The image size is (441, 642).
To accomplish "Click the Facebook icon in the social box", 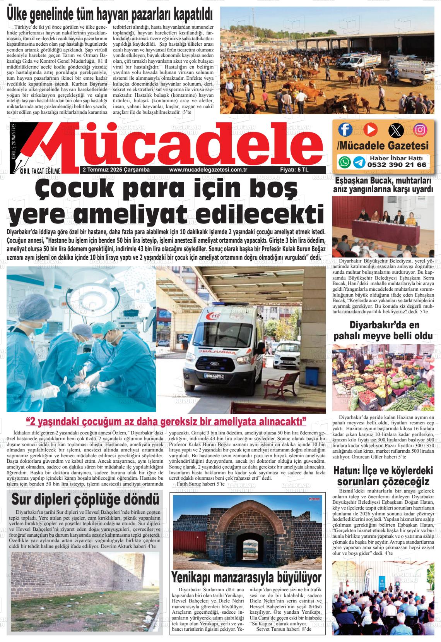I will [345, 129].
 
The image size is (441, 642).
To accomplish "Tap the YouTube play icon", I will [370, 129].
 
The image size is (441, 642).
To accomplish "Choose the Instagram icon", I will [420, 129].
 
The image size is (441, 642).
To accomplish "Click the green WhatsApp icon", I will [344, 162].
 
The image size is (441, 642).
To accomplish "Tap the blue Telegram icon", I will [359, 162].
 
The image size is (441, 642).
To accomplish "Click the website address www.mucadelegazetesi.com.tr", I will [208, 170].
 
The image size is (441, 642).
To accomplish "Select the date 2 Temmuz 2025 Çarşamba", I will [116, 170].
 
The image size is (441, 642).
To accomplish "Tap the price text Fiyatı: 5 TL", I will [294, 170].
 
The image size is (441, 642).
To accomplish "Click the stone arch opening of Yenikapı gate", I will [248, 546].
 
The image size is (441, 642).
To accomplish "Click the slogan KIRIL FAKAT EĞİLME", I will [37, 170].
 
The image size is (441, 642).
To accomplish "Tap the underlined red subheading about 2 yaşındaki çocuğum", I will [166, 421].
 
